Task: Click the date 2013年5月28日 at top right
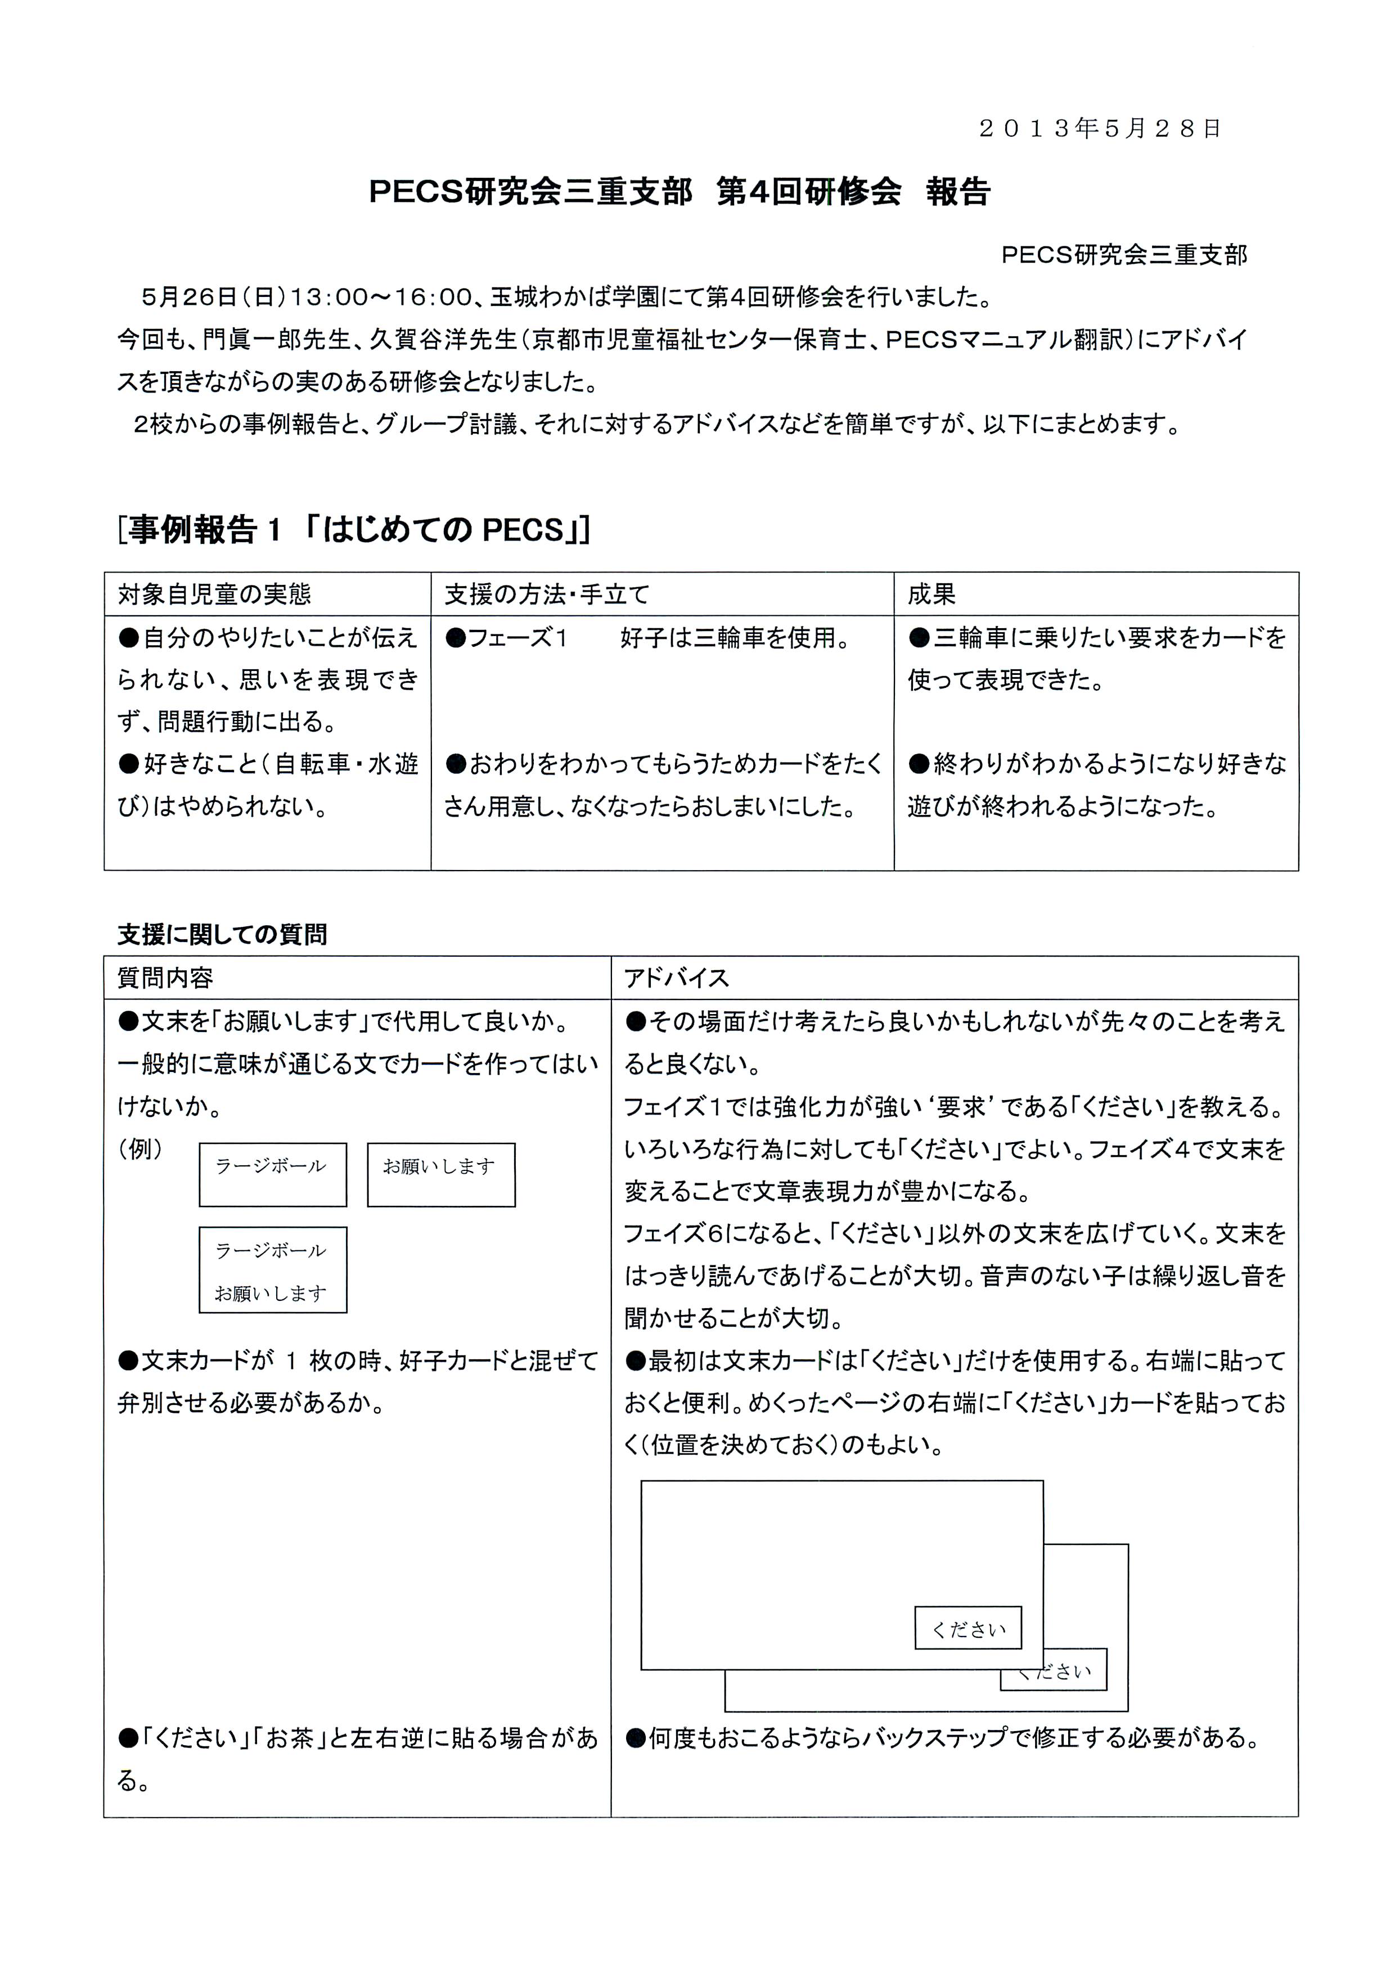(x=1100, y=129)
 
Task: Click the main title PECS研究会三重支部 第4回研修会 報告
(x=679, y=192)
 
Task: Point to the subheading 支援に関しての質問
(x=222, y=934)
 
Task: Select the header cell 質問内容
(x=165, y=977)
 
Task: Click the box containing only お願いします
(x=441, y=1174)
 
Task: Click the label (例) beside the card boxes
(x=140, y=1148)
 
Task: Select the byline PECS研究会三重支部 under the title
(x=1123, y=255)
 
